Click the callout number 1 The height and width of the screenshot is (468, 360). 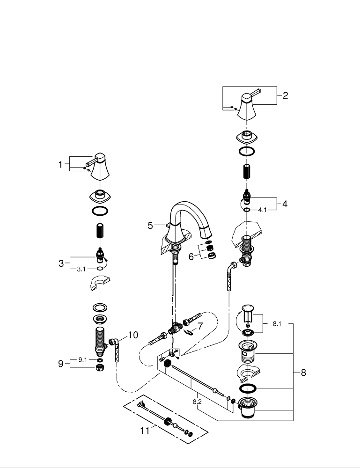click(x=60, y=164)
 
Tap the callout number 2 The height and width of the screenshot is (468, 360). click(x=285, y=96)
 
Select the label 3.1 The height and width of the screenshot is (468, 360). click(x=81, y=269)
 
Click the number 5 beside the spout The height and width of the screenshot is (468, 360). click(x=150, y=226)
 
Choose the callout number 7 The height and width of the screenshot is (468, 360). click(x=200, y=326)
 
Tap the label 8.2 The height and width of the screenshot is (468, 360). click(x=197, y=401)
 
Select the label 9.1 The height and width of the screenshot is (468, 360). click(x=82, y=359)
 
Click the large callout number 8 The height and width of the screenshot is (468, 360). click(x=303, y=373)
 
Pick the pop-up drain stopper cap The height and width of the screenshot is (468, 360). click(x=247, y=307)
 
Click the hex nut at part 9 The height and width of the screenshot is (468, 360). click(x=99, y=368)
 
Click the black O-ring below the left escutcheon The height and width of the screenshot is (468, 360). click(x=100, y=211)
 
